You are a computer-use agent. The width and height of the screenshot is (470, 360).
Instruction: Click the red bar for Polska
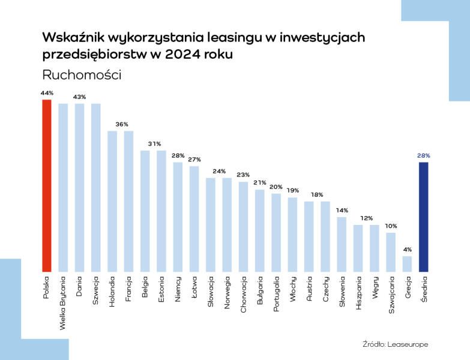tap(46, 186)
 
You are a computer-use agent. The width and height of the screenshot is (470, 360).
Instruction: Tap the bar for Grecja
tap(407, 264)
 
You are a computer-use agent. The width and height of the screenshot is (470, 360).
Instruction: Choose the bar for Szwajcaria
tap(391, 252)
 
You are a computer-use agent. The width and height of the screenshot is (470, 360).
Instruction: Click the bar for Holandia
tap(112, 202)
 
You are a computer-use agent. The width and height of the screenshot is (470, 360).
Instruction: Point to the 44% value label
tap(47, 93)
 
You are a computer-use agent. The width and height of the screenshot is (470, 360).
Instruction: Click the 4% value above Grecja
tap(407, 250)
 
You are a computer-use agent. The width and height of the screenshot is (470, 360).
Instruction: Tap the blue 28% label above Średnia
tap(423, 155)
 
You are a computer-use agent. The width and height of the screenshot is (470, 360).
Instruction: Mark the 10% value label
tap(391, 226)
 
